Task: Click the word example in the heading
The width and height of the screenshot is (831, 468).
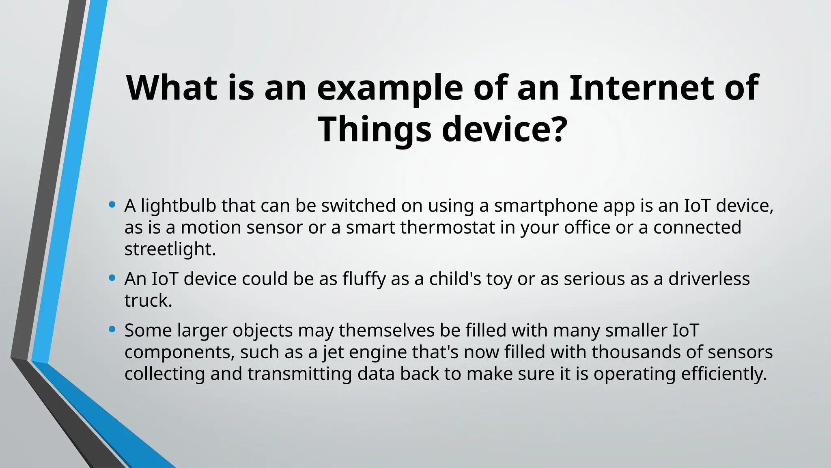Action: coord(390,88)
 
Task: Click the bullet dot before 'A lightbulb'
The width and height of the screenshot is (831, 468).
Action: coord(112,204)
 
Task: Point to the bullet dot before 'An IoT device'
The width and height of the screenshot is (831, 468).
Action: coord(112,278)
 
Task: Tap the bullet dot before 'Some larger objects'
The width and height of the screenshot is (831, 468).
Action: coord(112,329)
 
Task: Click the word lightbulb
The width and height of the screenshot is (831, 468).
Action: coord(179,206)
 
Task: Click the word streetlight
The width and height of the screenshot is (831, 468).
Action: coord(170,249)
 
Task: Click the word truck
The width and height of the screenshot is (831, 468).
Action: coord(148,301)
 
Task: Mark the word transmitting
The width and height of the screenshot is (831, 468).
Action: coord(299,374)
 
